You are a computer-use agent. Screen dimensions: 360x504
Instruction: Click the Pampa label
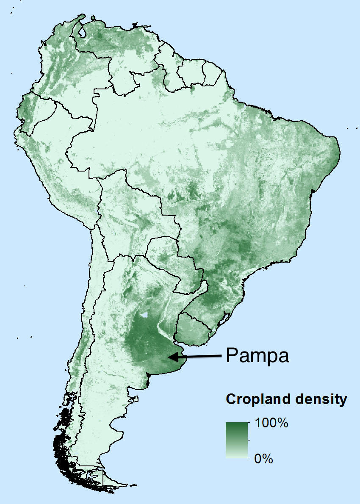coord(258,356)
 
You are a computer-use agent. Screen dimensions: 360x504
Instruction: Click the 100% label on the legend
coord(271,423)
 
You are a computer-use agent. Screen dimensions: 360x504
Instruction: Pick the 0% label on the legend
coord(263,458)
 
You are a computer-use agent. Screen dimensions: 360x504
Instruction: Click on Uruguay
coord(194,328)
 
